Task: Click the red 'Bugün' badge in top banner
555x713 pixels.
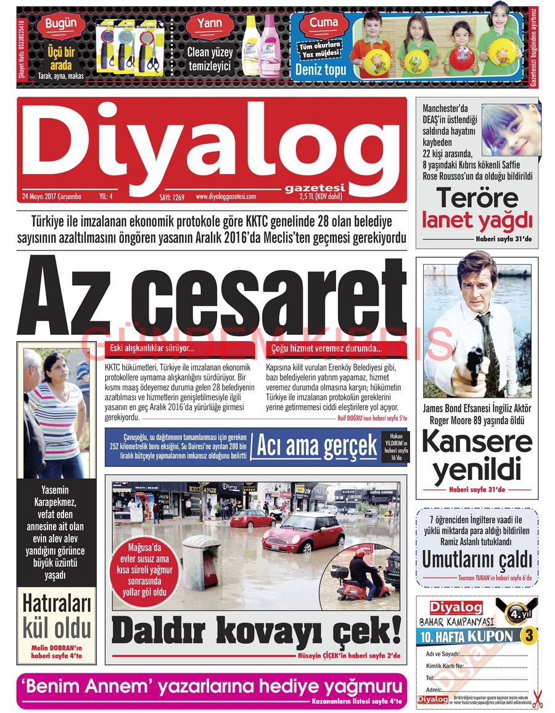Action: pos(61,25)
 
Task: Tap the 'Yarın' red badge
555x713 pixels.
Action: pos(210,25)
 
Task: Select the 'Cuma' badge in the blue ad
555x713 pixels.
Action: pos(324,23)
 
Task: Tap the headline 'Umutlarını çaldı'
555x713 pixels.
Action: pos(477,559)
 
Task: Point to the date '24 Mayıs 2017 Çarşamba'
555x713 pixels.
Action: pos(51,197)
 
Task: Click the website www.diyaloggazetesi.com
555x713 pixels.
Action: pos(226,197)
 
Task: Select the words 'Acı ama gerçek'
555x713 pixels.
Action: pos(316,446)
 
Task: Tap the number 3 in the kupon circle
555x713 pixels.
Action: pos(528,635)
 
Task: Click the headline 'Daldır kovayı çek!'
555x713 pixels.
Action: pos(256,631)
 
